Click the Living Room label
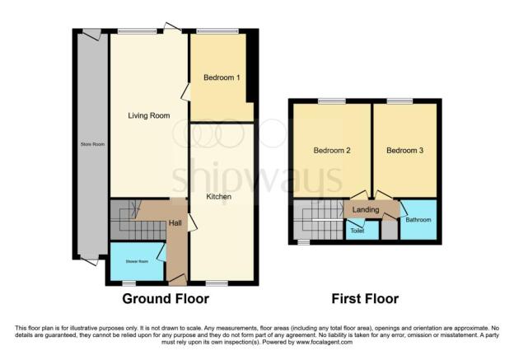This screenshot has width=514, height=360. coord(149,116)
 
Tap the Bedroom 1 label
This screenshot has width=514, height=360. coord(221,78)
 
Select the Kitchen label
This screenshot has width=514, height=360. coord(219,197)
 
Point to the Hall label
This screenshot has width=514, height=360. coord(175,223)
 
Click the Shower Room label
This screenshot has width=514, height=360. coord(137,261)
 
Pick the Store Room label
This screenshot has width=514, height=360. coord(92,144)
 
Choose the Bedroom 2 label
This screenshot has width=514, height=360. coord(332,151)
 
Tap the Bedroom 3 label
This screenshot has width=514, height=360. coord(404,151)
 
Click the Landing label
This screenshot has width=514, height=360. coord(365,210)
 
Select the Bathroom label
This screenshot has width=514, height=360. coord(418,220)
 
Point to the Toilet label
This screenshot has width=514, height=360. coord(357,231)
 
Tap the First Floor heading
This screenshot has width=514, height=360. coord(365,298)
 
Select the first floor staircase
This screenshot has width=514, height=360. coord(317,222)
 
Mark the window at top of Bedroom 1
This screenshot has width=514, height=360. coord(217,30)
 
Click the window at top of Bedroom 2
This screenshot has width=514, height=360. coord(332,101)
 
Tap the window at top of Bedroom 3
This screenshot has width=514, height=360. coord(401,101)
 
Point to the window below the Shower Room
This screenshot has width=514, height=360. coord(128,283)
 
